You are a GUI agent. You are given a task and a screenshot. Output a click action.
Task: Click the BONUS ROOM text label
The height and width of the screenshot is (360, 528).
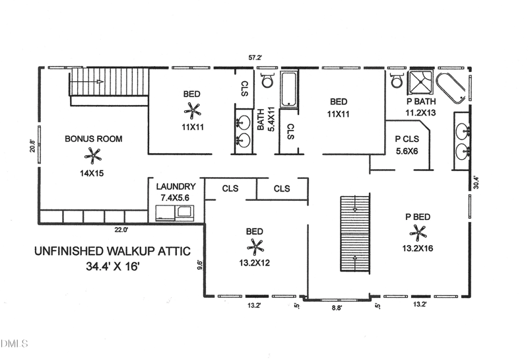(x=93, y=139)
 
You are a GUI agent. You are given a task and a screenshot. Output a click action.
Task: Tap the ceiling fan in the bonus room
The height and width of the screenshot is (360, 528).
(x=92, y=155)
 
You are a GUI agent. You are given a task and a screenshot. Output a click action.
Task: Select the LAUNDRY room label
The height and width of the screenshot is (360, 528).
(x=176, y=187)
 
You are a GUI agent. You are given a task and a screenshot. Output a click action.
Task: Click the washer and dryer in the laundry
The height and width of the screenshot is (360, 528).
(x=175, y=212)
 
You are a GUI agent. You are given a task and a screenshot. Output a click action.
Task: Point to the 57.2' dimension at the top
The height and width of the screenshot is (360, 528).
(x=255, y=58)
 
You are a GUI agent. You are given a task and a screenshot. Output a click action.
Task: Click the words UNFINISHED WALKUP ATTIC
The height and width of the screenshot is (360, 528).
(x=112, y=251)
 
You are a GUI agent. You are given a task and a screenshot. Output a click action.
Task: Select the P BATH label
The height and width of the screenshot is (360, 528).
(x=419, y=102)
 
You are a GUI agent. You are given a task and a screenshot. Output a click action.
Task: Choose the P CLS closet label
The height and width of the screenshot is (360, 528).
(x=408, y=140)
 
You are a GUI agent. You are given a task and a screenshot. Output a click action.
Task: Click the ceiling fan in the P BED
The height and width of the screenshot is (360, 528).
(x=418, y=231)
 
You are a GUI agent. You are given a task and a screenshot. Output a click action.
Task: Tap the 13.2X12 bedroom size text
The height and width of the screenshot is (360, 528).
(x=255, y=263)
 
